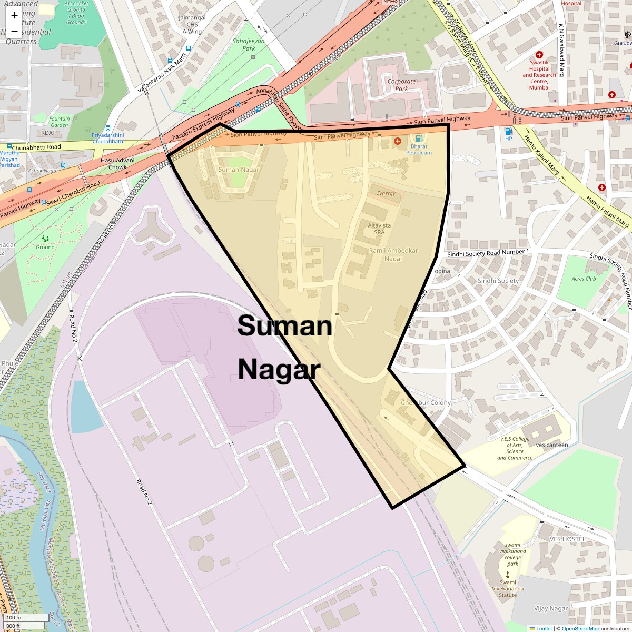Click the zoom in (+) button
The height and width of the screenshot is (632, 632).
[x=14, y=15]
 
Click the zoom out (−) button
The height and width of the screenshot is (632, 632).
[x=14, y=31]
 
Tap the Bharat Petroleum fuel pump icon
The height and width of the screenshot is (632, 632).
[x=419, y=138]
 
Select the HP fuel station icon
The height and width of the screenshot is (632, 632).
[x=508, y=131]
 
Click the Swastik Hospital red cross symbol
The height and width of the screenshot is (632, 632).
[x=539, y=55]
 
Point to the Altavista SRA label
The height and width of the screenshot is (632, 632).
[x=379, y=229]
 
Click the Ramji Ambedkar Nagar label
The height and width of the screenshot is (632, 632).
[x=393, y=254]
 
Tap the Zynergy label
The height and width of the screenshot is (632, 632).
[x=386, y=193]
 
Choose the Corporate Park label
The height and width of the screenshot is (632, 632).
[x=401, y=85]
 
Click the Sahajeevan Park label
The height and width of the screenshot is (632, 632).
[x=249, y=44]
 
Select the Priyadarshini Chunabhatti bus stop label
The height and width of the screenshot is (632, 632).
[x=108, y=138]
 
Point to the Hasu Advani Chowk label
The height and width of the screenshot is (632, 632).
[x=117, y=163]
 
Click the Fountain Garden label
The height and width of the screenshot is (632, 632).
[x=60, y=122]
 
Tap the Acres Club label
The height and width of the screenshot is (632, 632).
[x=584, y=279]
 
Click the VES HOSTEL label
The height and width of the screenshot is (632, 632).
[x=567, y=539]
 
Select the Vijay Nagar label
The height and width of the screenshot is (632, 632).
[x=551, y=608]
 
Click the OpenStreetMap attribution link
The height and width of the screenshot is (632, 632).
[x=580, y=628]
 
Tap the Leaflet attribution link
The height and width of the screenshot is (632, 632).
[x=544, y=628]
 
